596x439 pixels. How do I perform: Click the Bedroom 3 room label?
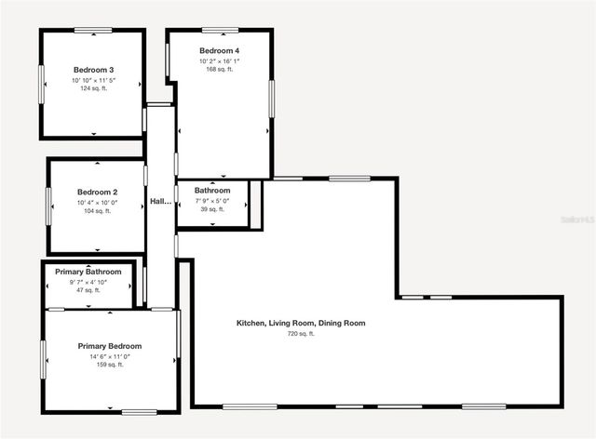point(93,70)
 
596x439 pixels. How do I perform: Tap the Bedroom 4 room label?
point(219,50)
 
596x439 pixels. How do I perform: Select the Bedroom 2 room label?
point(97,193)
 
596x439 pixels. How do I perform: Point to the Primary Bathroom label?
point(88,272)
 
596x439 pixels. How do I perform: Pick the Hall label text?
point(161,201)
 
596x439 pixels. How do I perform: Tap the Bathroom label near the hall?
point(212,191)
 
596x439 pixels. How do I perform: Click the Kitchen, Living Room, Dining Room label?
point(301,323)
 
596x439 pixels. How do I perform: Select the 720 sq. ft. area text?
point(301,333)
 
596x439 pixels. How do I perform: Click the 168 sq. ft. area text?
point(219,69)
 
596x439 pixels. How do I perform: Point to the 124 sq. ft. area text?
point(93,89)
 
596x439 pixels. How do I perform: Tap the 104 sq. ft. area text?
point(97,211)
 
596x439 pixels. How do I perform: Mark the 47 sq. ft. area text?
point(88,290)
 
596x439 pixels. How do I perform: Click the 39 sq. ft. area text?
point(212,209)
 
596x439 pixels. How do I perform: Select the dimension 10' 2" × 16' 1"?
point(219,60)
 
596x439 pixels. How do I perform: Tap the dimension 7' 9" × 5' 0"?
point(212,201)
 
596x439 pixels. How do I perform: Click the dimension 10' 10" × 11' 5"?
point(93,80)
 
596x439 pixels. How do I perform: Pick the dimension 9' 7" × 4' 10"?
point(88,282)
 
